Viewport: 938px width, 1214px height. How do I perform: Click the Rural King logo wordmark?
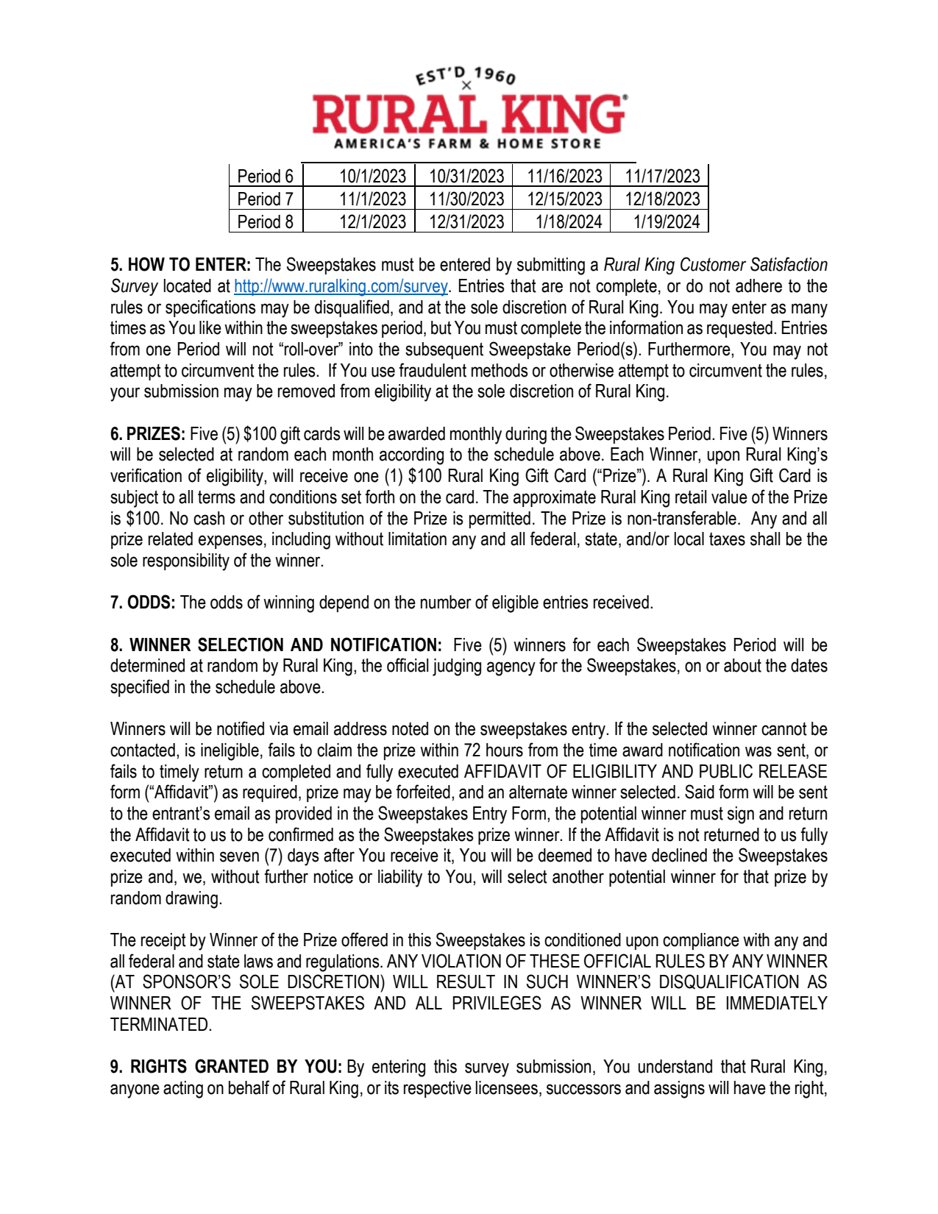click(x=469, y=114)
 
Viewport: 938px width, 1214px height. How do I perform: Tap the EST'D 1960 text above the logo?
click(x=466, y=75)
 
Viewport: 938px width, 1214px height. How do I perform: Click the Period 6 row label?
click(x=265, y=177)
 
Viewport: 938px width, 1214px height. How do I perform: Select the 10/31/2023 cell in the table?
click(x=466, y=177)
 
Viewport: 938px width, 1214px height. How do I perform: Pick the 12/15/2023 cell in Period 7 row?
click(x=564, y=199)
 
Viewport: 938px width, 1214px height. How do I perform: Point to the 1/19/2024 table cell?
click(x=666, y=222)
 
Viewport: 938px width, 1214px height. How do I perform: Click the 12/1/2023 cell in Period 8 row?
click(x=372, y=222)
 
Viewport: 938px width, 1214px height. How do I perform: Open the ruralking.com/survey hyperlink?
click(x=341, y=286)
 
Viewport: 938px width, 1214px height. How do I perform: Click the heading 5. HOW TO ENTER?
click(x=180, y=265)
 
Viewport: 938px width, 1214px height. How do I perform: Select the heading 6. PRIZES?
click(x=147, y=434)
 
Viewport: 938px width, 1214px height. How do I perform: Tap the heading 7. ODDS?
click(x=143, y=603)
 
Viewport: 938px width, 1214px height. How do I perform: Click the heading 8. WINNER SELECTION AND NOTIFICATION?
click(x=276, y=645)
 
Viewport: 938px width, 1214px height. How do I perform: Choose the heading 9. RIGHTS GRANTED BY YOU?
click(x=226, y=1067)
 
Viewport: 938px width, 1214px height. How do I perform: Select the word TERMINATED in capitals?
click(x=160, y=1025)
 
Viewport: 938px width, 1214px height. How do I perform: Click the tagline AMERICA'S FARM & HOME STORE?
click(x=467, y=143)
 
